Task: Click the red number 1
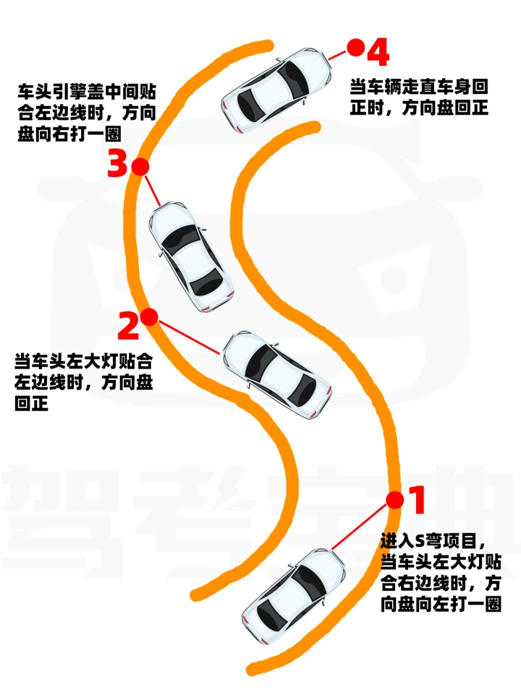coord(417,499)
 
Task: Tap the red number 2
coord(129,325)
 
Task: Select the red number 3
coord(118,163)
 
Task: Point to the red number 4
coord(378,51)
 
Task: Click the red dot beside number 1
coord(394,501)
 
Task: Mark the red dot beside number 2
coord(149,317)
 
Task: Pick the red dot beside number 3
coord(140,167)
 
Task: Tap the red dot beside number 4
coord(355,48)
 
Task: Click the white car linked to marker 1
coord(293,596)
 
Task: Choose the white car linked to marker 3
coord(191,256)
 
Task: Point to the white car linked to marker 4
coord(276,90)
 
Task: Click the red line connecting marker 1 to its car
coord(359,527)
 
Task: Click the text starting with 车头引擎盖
coord(87,113)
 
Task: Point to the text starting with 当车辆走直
coord(419,97)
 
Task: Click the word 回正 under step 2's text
coord(31,403)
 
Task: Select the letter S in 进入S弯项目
coord(420,540)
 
